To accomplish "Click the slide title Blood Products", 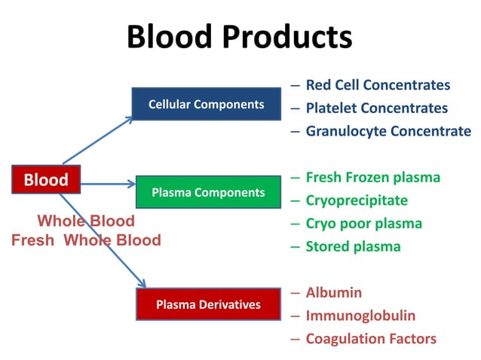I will click(x=239, y=36).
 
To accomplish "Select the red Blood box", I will click(x=46, y=180).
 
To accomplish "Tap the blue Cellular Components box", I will click(x=206, y=104).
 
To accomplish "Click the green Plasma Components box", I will click(x=208, y=192).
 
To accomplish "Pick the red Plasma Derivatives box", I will click(x=208, y=304).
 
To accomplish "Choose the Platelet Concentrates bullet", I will click(x=376, y=108).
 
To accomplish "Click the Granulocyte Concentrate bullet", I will click(x=388, y=131).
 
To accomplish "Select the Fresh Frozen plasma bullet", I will click(x=372, y=177).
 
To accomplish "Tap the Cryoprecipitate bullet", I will click(x=357, y=200).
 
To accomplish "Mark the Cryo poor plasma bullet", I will click(x=363, y=223).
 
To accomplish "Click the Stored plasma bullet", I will click(x=353, y=246).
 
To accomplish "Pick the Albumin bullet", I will click(x=333, y=292).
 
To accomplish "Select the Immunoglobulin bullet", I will click(x=360, y=316).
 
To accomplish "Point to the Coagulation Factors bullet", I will click(x=371, y=339).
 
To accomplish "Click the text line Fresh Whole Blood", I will click(x=86, y=240).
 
